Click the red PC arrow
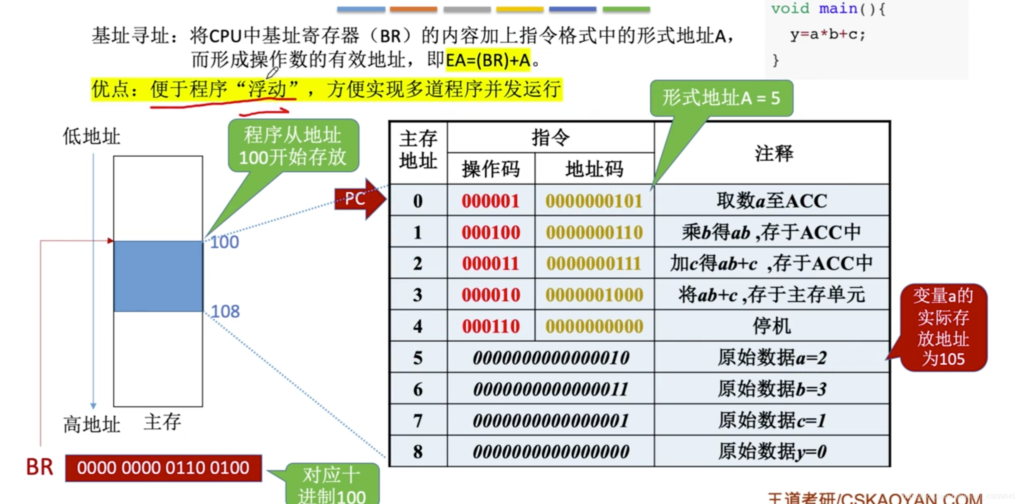tap(358, 199)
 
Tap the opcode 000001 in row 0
tap(490, 201)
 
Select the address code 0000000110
tap(594, 233)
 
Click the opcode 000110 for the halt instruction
tap(490, 326)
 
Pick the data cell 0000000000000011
tap(551, 389)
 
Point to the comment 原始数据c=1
tap(772, 421)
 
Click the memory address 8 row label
tap(418, 452)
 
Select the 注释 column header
tap(773, 154)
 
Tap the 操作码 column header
tap(490, 169)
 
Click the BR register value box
tap(163, 468)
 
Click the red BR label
tap(40, 467)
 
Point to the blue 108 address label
tap(225, 311)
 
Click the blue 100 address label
tap(224, 242)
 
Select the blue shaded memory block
tap(158, 276)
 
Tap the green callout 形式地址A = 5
tap(721, 98)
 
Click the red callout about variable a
tap(943, 327)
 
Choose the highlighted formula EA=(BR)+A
tap(488, 60)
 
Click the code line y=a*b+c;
tap(827, 35)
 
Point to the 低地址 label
tap(91, 136)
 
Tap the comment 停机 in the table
tap(772, 326)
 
